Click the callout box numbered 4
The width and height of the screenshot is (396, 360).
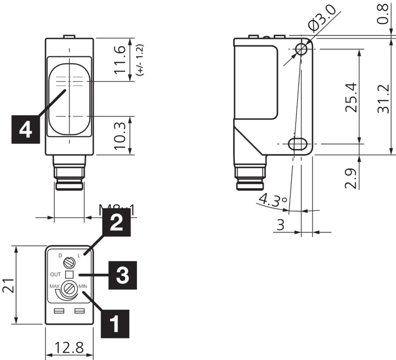point(25,129)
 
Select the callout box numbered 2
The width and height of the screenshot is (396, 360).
point(117,223)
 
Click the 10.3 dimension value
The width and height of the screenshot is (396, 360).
point(120,136)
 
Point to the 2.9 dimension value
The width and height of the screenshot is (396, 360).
point(351,177)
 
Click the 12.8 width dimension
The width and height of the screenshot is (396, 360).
point(69,348)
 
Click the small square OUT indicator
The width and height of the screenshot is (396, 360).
point(70,274)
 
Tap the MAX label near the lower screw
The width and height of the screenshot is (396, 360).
point(54,287)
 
